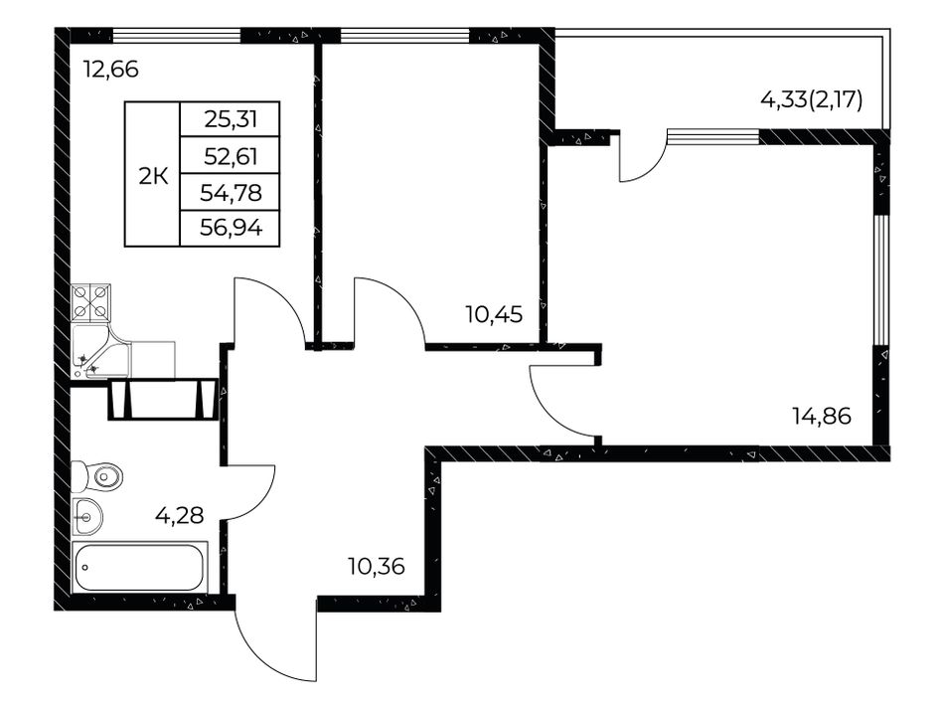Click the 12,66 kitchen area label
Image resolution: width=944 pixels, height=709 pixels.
(111, 70)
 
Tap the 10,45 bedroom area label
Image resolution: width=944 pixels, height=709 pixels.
(494, 314)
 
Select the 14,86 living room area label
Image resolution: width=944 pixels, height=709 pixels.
(822, 417)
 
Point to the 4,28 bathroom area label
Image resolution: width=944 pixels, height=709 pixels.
(180, 516)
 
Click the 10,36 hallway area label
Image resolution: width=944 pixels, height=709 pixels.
(377, 566)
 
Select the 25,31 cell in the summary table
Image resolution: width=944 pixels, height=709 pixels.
(230, 119)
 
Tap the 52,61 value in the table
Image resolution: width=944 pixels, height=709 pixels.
(230, 156)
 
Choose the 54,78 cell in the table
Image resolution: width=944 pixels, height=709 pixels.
(230, 193)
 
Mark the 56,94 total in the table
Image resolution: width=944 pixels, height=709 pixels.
(230, 229)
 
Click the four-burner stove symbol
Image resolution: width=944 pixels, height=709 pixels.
(90, 302)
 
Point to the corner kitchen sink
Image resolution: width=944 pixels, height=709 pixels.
(100, 352)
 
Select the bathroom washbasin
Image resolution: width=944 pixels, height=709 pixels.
(87, 516)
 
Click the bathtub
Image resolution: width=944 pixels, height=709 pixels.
(139, 567)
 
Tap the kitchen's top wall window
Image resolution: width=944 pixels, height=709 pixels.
(177, 35)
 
